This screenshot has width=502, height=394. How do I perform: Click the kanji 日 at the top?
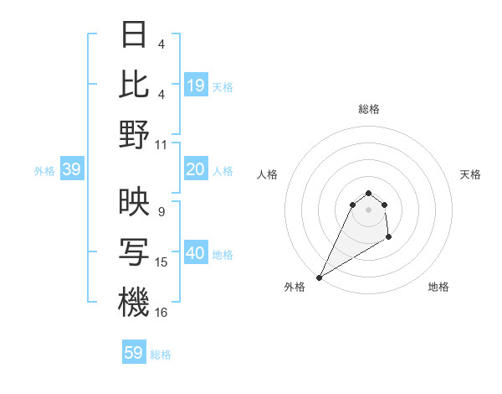pos(133,35)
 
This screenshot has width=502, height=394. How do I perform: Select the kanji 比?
pos(133,84)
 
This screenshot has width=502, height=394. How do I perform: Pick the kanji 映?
pos(133,202)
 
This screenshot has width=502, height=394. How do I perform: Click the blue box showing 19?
pos(196,86)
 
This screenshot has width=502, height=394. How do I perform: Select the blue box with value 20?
pos(196,170)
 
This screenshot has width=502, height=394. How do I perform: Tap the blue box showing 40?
pos(196,253)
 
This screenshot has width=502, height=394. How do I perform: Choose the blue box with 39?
pos(71,170)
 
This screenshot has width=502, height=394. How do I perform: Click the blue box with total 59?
pos(134,353)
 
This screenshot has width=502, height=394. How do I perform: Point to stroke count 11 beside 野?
pos(161,144)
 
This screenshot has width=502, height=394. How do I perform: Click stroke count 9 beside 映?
pos(161,212)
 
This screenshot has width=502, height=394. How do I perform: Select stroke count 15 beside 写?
pos(161,262)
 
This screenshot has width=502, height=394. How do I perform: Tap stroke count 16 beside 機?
pos(161,313)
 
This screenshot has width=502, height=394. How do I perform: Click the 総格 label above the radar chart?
pos(368,109)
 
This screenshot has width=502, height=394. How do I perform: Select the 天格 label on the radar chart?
pos(470,174)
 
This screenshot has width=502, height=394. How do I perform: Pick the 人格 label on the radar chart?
pos(268,174)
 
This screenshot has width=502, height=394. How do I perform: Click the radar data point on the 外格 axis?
pos(319,277)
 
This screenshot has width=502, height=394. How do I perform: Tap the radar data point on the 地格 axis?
pos(389,238)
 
